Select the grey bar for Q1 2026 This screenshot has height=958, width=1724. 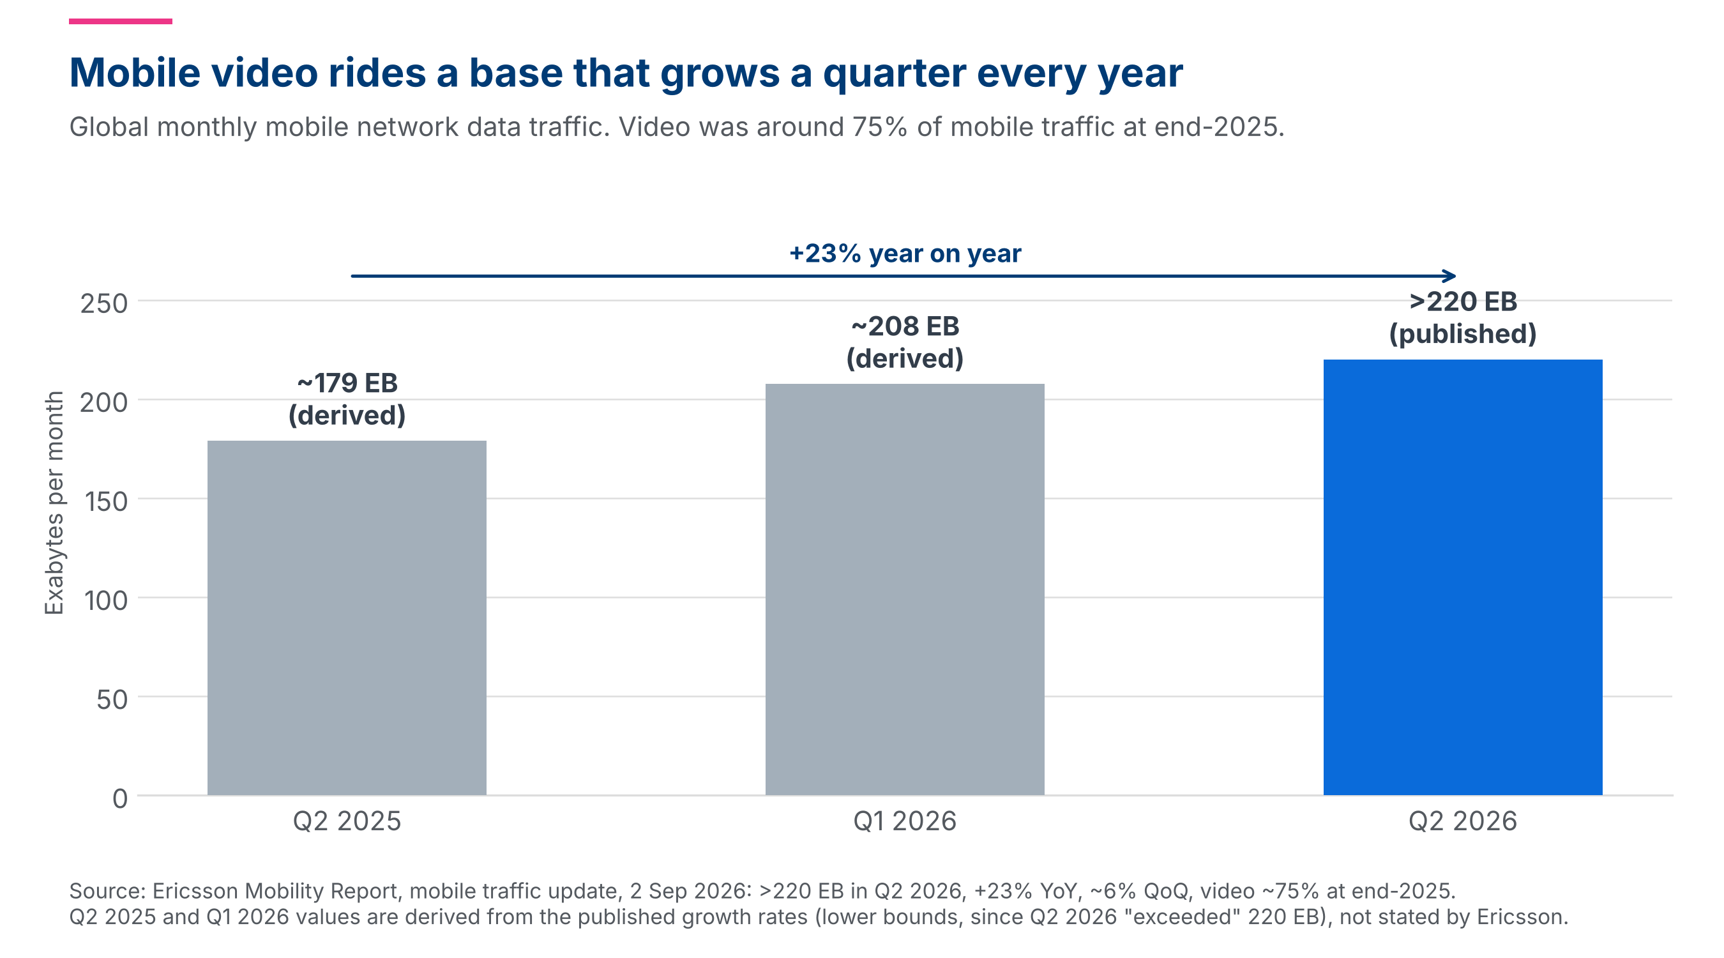pos(905,589)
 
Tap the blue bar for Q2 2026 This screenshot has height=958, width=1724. pos(1463,577)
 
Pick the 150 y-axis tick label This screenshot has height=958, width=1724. pos(106,501)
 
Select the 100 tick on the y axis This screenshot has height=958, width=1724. pos(106,600)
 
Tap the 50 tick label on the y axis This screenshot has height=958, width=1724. pos(112,699)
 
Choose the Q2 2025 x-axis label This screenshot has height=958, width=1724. pos(347,821)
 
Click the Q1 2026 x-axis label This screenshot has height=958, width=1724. pos(905,821)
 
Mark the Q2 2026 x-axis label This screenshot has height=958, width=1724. pos(1463,821)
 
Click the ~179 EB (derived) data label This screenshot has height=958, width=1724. pos(347,399)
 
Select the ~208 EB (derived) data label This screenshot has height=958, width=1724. pos(905,342)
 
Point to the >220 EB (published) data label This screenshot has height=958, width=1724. pos(1463,317)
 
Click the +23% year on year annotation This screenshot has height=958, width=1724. pos(905,254)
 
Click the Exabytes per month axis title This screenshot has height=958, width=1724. pos(54,503)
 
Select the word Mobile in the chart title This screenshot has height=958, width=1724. pos(135,72)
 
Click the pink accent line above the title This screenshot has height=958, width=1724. pos(121,22)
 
